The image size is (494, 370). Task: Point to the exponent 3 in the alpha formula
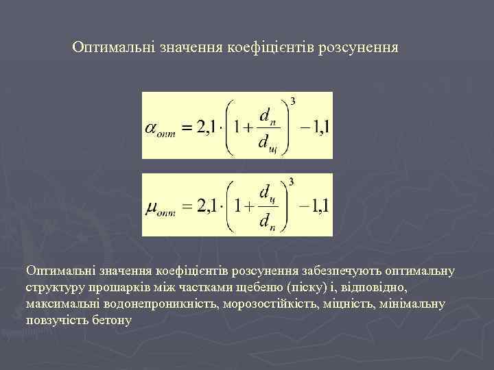click(x=292, y=101)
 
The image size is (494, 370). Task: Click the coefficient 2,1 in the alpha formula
click(x=208, y=127)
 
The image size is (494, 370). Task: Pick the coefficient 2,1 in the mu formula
click(x=208, y=207)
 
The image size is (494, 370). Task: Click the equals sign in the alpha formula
click(x=184, y=128)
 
